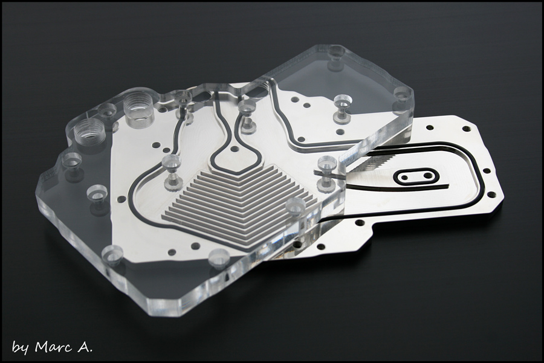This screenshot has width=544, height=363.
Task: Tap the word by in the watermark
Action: tap(20, 348)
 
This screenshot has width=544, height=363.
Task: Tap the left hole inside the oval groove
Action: tap(404, 177)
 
